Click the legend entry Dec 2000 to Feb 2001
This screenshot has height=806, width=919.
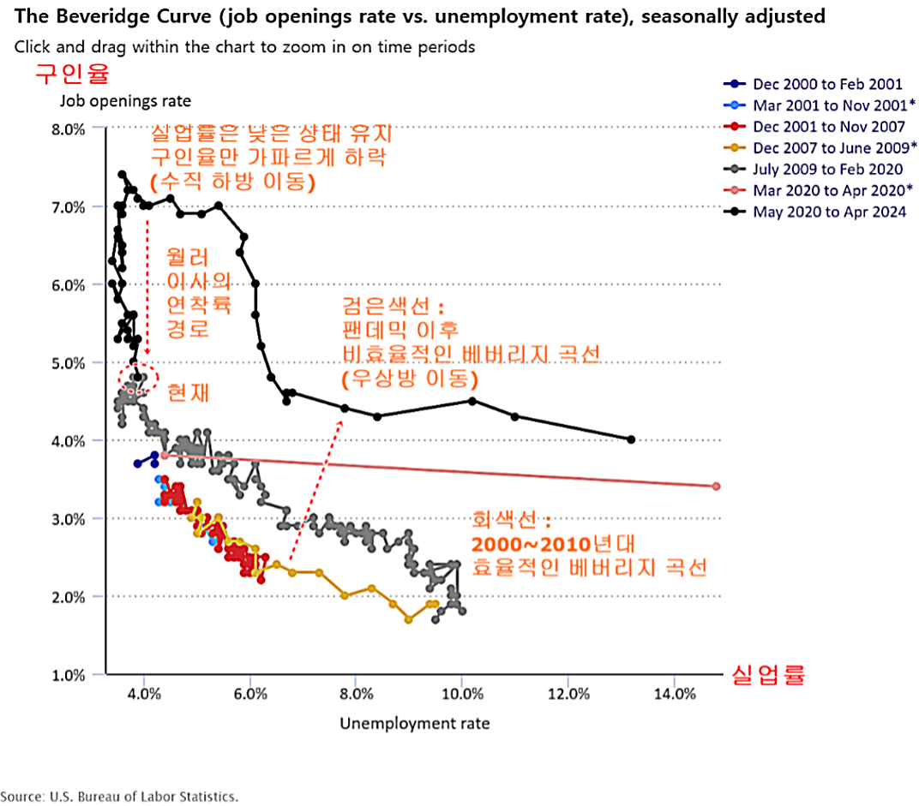[x=827, y=84]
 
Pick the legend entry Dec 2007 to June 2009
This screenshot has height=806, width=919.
[x=827, y=148]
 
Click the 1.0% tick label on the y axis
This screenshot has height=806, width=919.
[x=66, y=675]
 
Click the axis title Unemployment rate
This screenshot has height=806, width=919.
[x=415, y=724]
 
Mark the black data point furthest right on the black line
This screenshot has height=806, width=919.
[x=631, y=439]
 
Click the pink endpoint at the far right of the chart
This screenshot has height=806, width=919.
[x=716, y=487]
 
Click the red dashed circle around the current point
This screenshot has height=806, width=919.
[x=138, y=377]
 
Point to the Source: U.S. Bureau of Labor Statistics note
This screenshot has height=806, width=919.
[x=119, y=797]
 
